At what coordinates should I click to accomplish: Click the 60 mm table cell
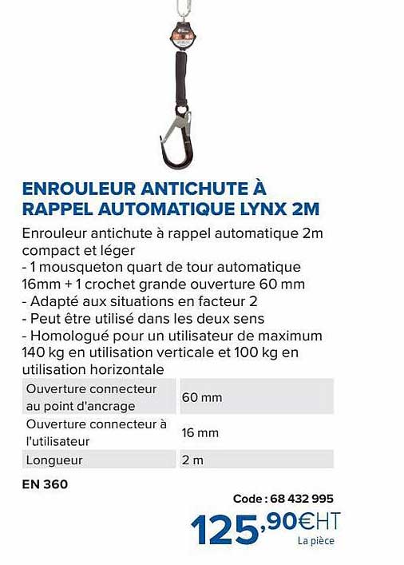point(201,397)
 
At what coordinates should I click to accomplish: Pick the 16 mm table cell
point(200,432)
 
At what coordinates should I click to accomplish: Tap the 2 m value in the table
point(192,460)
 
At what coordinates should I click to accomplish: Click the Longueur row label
point(55,460)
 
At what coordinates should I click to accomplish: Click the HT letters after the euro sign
point(329,520)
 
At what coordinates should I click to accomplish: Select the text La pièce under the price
point(315,541)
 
